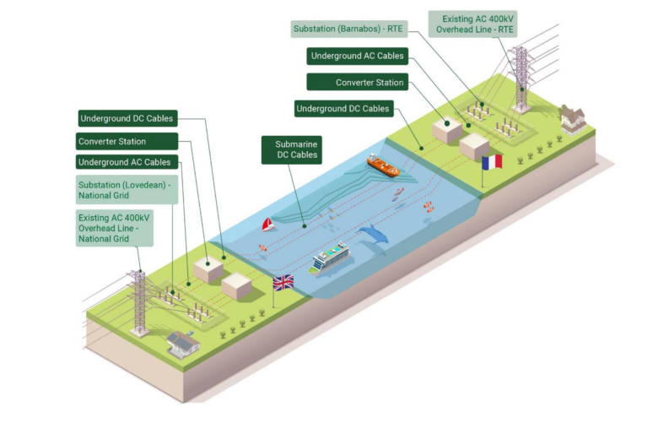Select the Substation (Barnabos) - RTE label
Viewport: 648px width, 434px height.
[348, 30]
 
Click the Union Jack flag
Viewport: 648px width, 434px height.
[283, 283]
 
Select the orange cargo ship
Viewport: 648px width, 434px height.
[383, 165]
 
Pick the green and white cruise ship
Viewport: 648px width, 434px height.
[330, 257]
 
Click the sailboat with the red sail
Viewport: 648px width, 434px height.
[268, 224]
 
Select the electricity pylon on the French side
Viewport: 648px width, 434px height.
[521, 79]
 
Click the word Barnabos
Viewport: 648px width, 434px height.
[363, 30]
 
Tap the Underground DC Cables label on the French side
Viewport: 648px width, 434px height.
[343, 109]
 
